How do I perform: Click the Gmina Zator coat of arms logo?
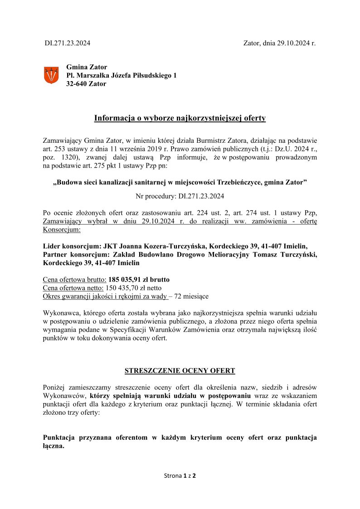(51, 75)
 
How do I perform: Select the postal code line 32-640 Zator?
(86, 84)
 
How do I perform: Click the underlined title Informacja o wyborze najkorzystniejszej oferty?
(180, 119)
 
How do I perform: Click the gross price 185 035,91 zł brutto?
(139, 279)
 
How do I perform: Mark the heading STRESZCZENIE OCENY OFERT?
(180, 371)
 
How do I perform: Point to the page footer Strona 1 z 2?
(180, 476)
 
